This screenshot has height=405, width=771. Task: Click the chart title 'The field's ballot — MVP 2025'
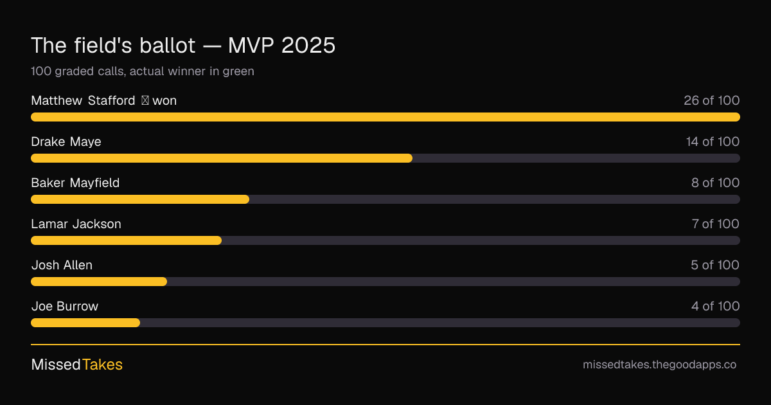[183, 45]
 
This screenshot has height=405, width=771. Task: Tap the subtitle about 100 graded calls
[143, 71]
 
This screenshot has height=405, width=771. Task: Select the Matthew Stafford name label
[83, 100]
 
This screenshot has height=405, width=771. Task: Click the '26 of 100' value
[711, 100]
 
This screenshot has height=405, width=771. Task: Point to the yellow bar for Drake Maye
[222, 158]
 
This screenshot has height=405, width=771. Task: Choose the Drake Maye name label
[66, 141]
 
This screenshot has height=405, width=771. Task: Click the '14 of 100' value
[713, 141]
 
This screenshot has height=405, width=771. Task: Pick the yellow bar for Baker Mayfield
[140, 199]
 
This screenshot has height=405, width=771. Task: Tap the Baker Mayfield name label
[75, 183]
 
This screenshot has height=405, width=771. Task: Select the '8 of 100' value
[715, 183]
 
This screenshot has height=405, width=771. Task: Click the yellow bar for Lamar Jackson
[127, 240]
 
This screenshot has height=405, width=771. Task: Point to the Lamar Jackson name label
[76, 224]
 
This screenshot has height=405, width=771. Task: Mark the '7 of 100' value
[715, 224]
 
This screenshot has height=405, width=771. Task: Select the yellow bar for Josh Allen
[99, 282]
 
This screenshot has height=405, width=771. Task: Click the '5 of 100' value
[715, 265]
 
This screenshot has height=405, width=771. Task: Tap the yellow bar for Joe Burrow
[85, 323]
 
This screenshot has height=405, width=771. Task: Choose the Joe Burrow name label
[65, 306]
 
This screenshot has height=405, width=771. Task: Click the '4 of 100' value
[715, 306]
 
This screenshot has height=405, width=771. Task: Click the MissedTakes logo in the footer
[76, 364]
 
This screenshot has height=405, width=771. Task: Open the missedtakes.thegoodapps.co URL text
[659, 364]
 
